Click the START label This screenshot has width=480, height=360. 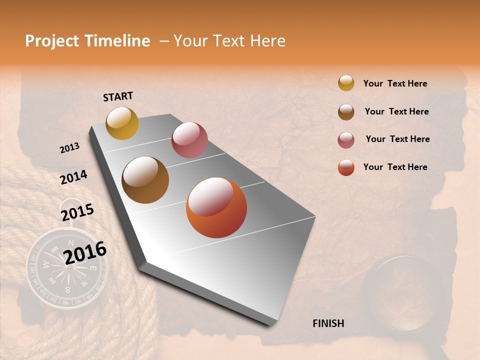[118, 96]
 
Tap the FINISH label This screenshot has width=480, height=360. [328, 323]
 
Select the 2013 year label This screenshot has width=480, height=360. [69, 148]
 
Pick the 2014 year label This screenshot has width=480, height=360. [73, 177]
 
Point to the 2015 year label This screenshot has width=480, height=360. [77, 212]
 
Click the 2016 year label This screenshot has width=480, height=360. [85, 252]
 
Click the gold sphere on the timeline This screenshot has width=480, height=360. [122, 123]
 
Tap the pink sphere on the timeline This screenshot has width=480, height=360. [189, 140]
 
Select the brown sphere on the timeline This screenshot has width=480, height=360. [145, 180]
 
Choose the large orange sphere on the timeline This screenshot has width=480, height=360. [216, 207]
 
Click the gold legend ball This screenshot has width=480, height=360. [346, 83]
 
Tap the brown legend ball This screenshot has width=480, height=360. [346, 112]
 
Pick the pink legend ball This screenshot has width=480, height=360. [346, 140]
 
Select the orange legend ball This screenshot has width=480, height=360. [346, 167]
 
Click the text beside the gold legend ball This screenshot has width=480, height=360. [395, 84]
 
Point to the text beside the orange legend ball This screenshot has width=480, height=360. [395, 167]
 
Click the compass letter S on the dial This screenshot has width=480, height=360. [68, 289]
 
